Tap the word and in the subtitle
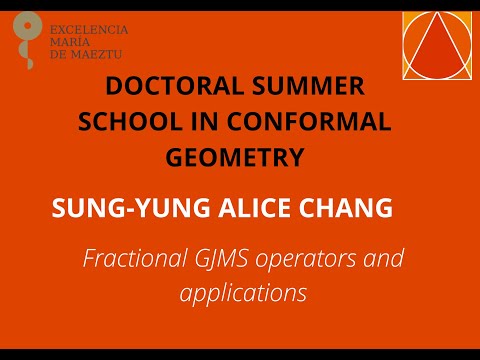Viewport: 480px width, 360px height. coord(385,261)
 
